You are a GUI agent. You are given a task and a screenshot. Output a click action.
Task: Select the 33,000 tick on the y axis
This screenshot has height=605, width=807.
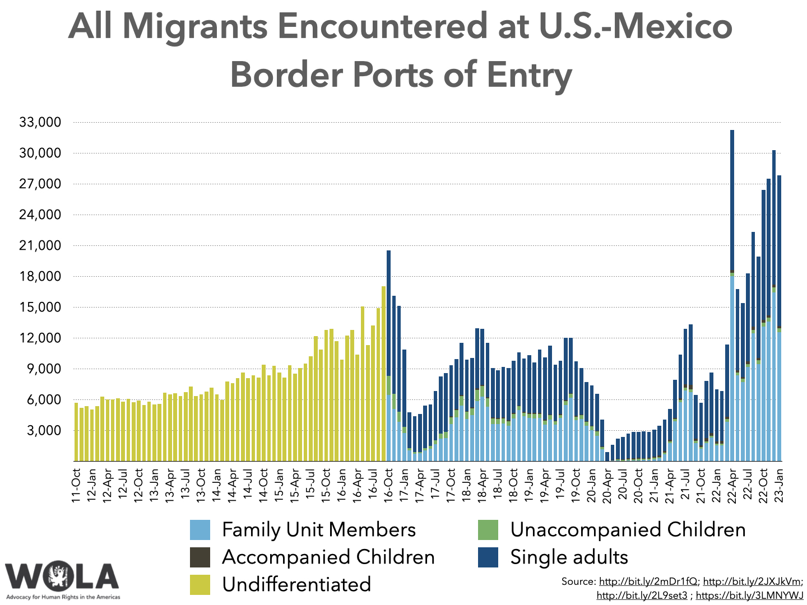(40, 122)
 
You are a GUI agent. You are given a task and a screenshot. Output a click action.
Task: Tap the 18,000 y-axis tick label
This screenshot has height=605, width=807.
(40, 276)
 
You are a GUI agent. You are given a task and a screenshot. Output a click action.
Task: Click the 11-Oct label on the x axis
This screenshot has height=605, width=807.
(77, 486)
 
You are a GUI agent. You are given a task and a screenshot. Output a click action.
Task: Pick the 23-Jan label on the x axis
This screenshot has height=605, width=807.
(780, 486)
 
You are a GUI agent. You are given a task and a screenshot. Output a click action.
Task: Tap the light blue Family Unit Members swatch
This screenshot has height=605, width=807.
(200, 530)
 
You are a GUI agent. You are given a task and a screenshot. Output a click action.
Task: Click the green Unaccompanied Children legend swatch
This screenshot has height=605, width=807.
(488, 530)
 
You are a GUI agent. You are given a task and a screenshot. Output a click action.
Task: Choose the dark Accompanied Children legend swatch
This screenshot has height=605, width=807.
(200, 557)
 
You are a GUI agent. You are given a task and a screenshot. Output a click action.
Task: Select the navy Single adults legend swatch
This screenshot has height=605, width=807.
(488, 557)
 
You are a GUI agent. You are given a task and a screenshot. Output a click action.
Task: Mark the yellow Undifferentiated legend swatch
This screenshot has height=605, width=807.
(200, 584)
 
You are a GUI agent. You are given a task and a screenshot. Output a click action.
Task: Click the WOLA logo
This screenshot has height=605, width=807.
(62, 577)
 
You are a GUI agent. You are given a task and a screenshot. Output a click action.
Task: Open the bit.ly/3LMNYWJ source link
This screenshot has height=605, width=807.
(749, 595)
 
